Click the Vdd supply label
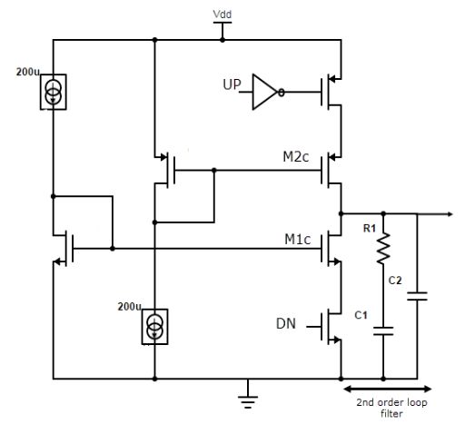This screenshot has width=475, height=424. (x=222, y=15)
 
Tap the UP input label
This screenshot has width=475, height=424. (x=232, y=84)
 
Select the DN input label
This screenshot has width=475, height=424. (x=286, y=323)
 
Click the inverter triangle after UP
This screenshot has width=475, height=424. (x=264, y=92)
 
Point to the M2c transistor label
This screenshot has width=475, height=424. (x=296, y=156)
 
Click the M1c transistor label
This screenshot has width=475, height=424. (x=298, y=240)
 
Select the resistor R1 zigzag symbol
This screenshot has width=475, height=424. (x=383, y=249)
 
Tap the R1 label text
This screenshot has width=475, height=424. (x=370, y=228)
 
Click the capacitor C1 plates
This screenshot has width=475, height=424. (x=383, y=331)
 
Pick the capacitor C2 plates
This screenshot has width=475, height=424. (x=417, y=296)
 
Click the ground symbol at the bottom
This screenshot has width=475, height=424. (x=248, y=402)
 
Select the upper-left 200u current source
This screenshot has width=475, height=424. (x=54, y=92)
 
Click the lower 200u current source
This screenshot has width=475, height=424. (x=154, y=327)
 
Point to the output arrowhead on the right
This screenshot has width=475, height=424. (x=450, y=214)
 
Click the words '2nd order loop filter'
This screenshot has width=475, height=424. (x=391, y=408)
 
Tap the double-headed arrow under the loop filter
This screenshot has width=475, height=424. (x=388, y=389)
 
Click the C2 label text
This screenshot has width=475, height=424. (x=395, y=281)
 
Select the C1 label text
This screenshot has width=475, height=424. (x=361, y=315)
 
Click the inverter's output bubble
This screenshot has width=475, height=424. (x=282, y=92)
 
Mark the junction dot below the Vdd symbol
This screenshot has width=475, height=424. (x=223, y=40)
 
